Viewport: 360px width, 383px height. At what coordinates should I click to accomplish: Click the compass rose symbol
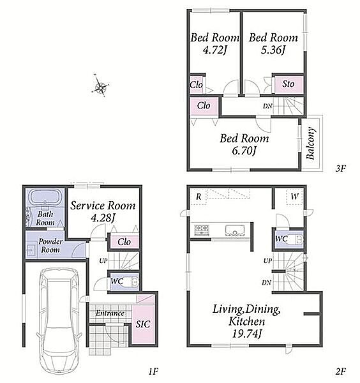click(x=100, y=85)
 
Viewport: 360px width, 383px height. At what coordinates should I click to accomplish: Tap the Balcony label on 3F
click(x=311, y=143)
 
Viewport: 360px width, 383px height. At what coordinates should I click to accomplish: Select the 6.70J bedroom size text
click(x=244, y=151)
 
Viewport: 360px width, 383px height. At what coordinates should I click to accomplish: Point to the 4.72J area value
click(x=215, y=50)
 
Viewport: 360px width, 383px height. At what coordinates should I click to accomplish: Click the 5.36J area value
click(x=273, y=50)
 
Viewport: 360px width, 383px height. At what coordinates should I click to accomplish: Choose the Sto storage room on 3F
click(x=289, y=84)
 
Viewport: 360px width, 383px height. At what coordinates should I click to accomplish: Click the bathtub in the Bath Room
click(x=45, y=196)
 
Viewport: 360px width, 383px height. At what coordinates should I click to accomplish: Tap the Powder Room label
click(x=50, y=246)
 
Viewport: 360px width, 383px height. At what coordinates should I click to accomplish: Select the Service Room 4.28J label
click(x=103, y=211)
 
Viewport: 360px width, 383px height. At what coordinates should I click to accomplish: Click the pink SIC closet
click(x=143, y=324)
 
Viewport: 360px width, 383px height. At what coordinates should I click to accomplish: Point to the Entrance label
click(x=110, y=313)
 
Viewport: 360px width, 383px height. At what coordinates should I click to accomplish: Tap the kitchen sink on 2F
click(x=234, y=230)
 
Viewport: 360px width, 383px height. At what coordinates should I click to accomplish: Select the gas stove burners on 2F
click(x=202, y=230)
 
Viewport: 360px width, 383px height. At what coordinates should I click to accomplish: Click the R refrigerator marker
click(x=199, y=197)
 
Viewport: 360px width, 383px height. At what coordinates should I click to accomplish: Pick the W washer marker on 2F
click(x=295, y=196)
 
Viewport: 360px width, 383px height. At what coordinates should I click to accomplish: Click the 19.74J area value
click(x=247, y=334)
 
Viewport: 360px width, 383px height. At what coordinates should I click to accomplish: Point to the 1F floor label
click(x=153, y=372)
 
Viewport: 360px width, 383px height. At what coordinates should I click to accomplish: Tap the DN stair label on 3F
click(x=267, y=106)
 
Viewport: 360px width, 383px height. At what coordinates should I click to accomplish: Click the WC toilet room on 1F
click(x=124, y=282)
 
